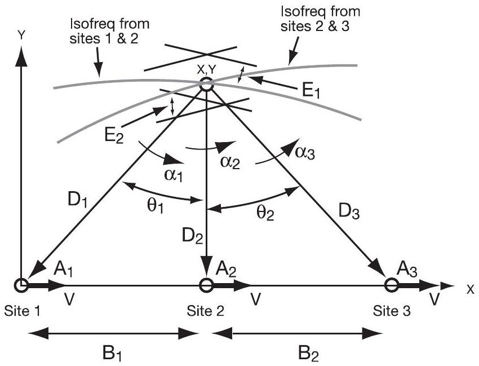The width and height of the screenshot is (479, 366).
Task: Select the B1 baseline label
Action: (113, 354)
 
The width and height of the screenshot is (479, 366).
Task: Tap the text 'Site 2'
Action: (205, 311)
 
